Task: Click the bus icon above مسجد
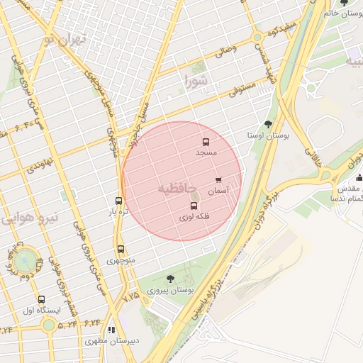click(206, 142)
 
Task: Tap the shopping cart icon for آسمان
click(218, 180)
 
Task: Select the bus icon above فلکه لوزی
click(194, 206)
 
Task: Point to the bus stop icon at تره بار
click(118, 201)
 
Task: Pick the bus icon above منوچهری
click(120, 249)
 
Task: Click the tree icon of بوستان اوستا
click(267, 123)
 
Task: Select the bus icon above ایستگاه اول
click(41, 299)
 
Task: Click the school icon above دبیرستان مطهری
click(111, 330)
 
